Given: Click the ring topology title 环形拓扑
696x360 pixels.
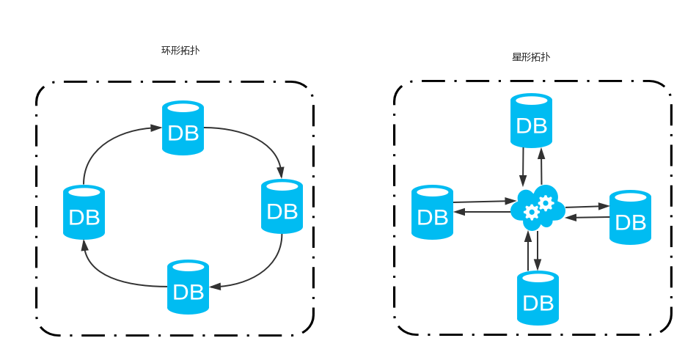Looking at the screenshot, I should [180, 51].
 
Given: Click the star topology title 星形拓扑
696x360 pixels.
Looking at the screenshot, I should [530, 56].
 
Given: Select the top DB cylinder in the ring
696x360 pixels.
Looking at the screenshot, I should [183, 128].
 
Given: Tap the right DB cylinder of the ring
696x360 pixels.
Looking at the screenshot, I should [282, 207].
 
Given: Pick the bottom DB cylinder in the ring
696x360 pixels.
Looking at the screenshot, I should [188, 287].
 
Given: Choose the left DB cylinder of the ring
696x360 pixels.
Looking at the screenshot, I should [84, 213].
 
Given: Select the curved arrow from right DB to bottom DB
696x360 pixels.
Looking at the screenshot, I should [264, 271].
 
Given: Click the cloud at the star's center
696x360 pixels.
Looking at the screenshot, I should [538, 207].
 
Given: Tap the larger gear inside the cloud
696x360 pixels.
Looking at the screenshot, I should [545, 202].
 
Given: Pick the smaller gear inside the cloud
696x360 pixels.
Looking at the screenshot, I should [532, 213].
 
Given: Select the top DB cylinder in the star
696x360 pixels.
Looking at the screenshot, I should [532, 120].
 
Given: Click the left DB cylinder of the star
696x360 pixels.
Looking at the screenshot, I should [432, 212].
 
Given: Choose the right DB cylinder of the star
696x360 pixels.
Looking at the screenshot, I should [631, 217].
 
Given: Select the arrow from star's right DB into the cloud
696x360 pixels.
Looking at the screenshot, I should [587, 217].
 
